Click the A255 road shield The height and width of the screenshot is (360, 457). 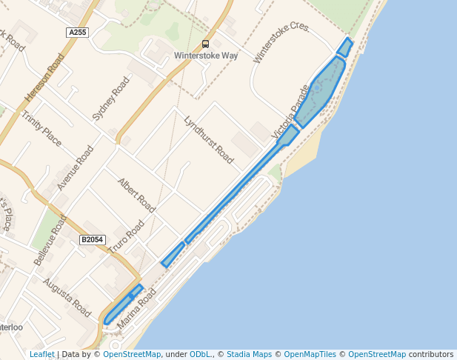click(x=76, y=33)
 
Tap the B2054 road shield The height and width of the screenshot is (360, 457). click(x=93, y=239)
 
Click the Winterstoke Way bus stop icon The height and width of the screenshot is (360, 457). click(x=205, y=44)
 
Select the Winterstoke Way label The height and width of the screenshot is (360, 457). click(x=205, y=56)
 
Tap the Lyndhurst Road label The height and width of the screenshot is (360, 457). click(x=209, y=140)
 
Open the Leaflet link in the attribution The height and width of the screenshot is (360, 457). click(x=41, y=354)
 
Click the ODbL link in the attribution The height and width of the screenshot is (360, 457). click(x=201, y=354)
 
